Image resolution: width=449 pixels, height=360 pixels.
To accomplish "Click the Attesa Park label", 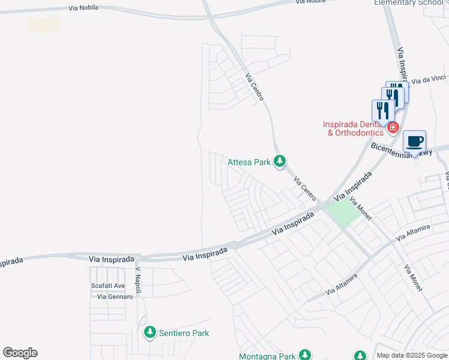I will pos(249,162).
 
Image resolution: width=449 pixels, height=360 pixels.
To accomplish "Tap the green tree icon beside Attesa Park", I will pos(279,161).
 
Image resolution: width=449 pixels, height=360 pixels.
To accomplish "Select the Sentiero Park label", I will pos(184,333).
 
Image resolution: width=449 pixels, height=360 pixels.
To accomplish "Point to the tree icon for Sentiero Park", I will pos(149,332).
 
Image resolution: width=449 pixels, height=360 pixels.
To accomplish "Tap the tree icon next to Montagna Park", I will pos(305,355).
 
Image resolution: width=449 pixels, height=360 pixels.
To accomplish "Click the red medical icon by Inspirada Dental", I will pos(393,127).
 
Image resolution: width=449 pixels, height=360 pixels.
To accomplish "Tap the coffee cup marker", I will pos(414,142).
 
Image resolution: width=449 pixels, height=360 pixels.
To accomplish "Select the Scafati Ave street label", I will pos(107,286).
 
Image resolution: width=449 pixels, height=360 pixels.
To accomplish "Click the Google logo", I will pos(20,353).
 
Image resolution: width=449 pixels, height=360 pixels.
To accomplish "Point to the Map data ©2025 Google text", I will pos(412,355).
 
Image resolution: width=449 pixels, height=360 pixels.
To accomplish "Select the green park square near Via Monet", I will pos(341,213).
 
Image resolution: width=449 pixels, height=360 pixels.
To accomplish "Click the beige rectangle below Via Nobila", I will pos(44,25).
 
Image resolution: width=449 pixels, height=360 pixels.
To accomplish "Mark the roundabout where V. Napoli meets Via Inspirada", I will pos(137,258).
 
